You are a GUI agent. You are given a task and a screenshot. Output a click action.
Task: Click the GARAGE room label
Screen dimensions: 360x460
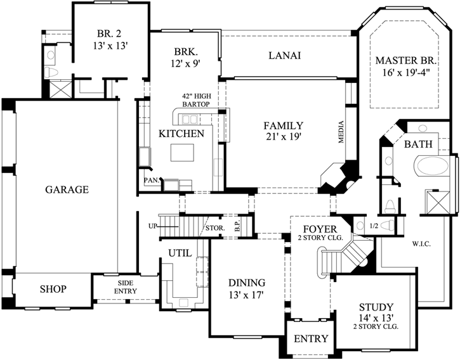(x=67, y=189)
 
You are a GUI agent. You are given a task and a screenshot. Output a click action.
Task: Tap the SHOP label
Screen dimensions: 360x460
(x=53, y=289)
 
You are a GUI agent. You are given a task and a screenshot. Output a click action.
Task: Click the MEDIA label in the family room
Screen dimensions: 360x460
(x=341, y=131)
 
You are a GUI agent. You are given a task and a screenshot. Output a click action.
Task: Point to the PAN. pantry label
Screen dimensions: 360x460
(x=150, y=179)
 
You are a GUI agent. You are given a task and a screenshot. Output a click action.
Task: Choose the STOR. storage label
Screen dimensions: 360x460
(x=213, y=228)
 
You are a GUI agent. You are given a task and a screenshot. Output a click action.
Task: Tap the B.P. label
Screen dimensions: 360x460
(x=237, y=226)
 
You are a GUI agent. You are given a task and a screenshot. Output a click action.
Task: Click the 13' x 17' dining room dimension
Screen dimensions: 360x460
(x=246, y=294)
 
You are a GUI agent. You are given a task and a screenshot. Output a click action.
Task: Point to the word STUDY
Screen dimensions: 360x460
(x=376, y=307)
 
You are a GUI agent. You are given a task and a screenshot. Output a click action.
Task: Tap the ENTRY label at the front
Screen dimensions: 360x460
(x=311, y=339)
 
